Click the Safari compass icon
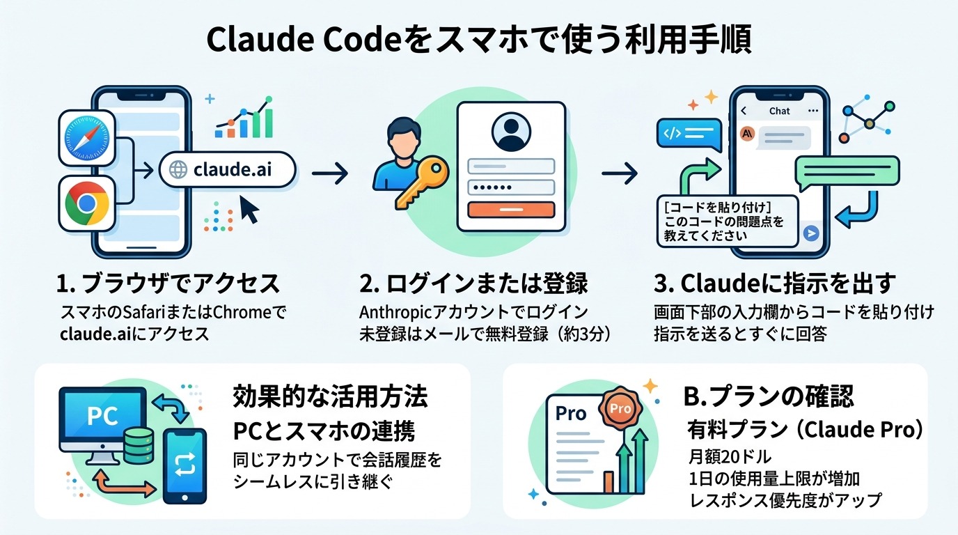(86, 138)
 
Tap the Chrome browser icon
(86, 203)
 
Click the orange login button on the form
(511, 210)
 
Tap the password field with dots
(511, 187)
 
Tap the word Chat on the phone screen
(779, 111)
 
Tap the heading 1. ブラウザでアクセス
(167, 284)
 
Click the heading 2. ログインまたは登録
(473, 284)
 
